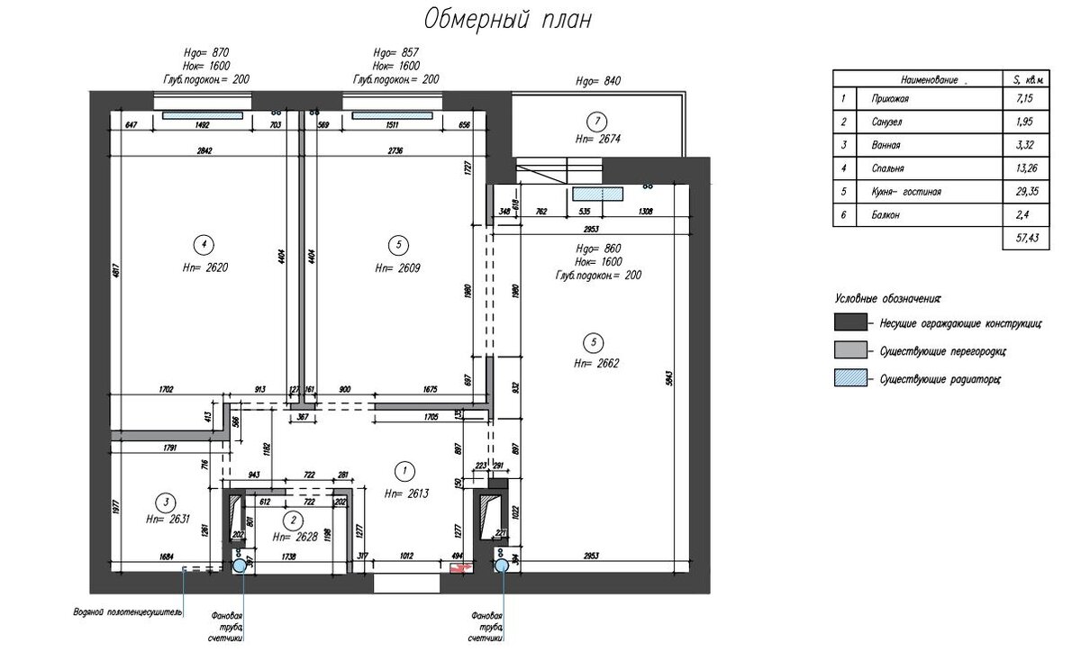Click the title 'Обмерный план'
[507, 20]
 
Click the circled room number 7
[594, 122]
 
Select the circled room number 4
[204, 243]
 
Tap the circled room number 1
[404, 469]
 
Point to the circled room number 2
[293, 520]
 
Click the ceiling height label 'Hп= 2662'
[595, 364]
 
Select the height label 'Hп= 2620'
[204, 267]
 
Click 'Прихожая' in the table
[889, 99]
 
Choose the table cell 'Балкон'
[886, 215]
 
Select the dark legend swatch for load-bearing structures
[849, 322]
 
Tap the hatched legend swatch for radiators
[849, 379]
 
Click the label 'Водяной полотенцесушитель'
[128, 612]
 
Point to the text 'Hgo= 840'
[598, 81]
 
